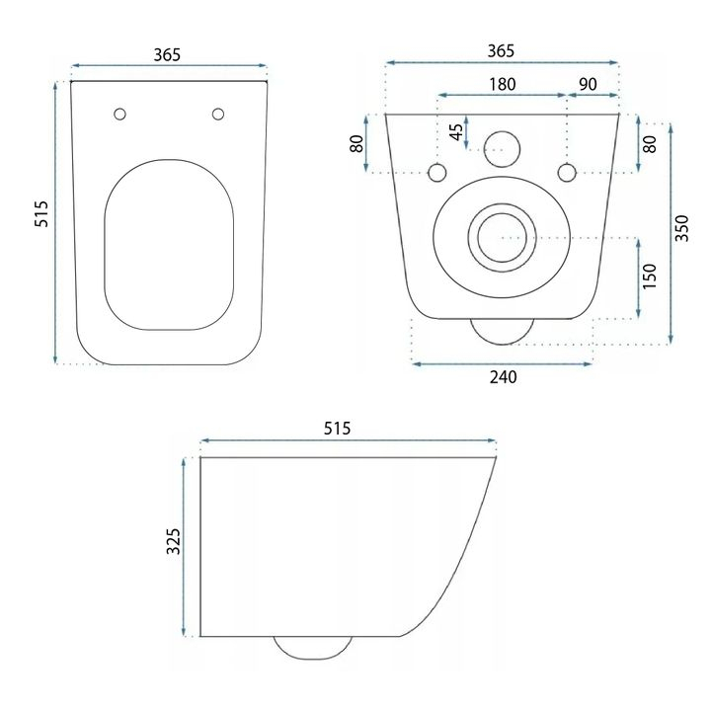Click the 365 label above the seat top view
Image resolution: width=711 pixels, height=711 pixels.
click(x=167, y=55)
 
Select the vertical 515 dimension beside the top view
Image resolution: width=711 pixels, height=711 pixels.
click(x=41, y=214)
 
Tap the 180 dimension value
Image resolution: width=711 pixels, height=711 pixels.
click(x=503, y=84)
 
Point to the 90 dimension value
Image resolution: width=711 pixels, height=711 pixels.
click(x=588, y=84)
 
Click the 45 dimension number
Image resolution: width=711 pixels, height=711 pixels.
click(x=457, y=132)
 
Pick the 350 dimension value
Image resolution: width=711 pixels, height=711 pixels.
click(x=681, y=228)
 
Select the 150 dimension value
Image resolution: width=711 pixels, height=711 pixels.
click(x=650, y=276)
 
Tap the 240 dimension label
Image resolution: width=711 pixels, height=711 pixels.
click(x=503, y=377)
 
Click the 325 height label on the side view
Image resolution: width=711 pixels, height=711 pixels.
click(x=173, y=541)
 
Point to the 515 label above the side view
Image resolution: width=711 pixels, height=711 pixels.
click(x=337, y=428)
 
